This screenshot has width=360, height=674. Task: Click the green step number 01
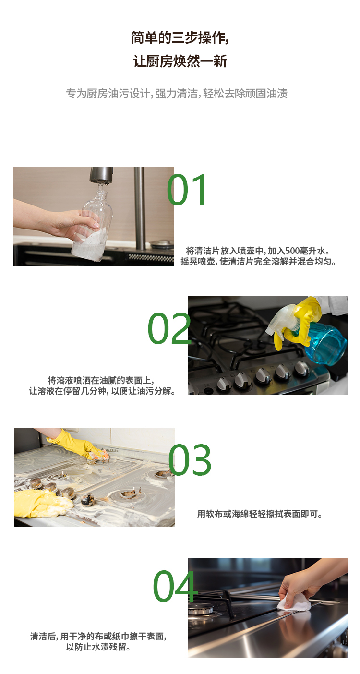(x=187, y=190)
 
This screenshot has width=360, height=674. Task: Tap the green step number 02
(x=169, y=329)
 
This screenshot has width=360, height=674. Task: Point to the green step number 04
(x=175, y=586)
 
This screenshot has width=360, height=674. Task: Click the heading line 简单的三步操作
(x=180, y=37)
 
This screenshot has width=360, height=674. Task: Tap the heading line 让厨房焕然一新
(x=180, y=61)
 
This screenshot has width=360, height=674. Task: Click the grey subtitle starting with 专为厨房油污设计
(x=177, y=93)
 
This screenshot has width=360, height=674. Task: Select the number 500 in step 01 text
(x=292, y=251)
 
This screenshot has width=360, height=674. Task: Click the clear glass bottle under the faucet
(x=94, y=226)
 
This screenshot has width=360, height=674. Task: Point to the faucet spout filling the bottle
(x=101, y=176)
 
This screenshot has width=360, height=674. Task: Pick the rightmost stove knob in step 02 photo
(x=302, y=368)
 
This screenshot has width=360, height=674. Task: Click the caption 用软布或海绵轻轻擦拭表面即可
(x=260, y=514)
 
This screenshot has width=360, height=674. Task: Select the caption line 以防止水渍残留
(x=98, y=647)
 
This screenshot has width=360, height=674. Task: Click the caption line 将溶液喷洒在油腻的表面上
(x=101, y=380)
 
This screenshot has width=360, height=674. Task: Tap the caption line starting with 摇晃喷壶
(x=259, y=262)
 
